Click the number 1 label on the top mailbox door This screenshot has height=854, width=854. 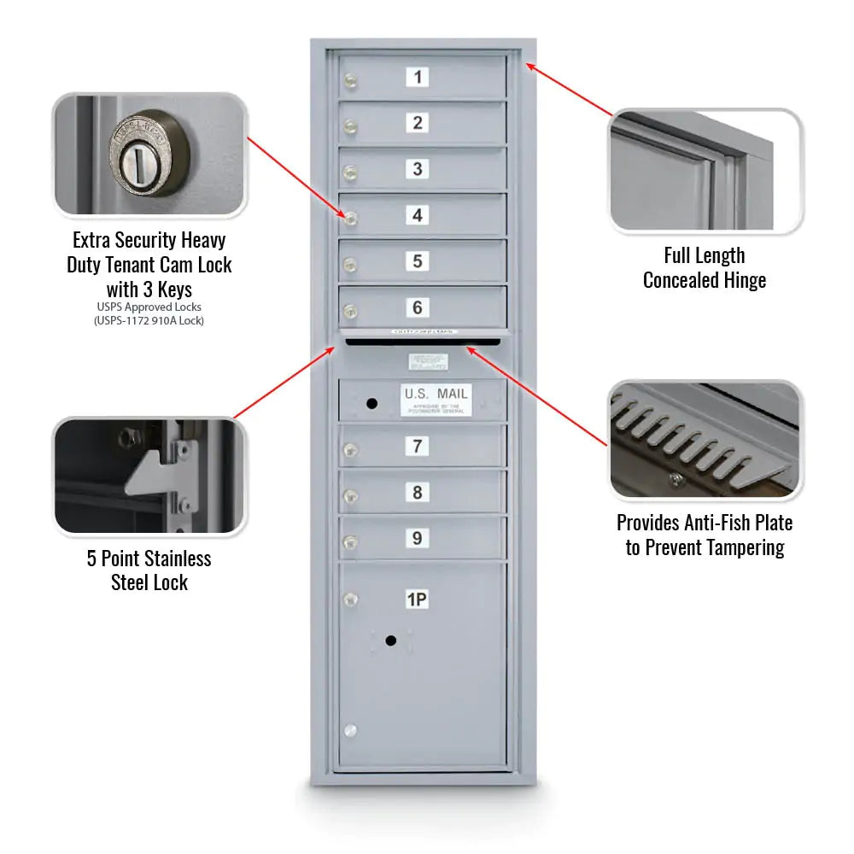[x=418, y=77]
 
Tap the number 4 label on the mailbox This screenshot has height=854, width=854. [x=418, y=215]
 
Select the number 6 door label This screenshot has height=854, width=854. [x=418, y=307]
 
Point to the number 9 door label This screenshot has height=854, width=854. [x=418, y=538]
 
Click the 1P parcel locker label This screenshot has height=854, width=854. [x=417, y=600]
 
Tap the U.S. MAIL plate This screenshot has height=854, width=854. [x=436, y=400]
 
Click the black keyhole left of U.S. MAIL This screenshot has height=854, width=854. [x=371, y=402]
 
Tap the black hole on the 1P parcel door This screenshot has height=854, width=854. [x=390, y=640]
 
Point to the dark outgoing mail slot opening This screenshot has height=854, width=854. [x=423, y=342]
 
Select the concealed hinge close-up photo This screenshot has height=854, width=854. [x=705, y=171]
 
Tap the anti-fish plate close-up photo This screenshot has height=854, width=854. [x=705, y=440]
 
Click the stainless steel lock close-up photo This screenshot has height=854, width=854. [x=149, y=477]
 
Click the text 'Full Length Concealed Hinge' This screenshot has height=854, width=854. [x=705, y=267]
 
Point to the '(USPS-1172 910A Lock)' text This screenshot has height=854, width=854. [x=149, y=321]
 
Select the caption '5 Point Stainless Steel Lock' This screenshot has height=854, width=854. [x=149, y=570]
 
